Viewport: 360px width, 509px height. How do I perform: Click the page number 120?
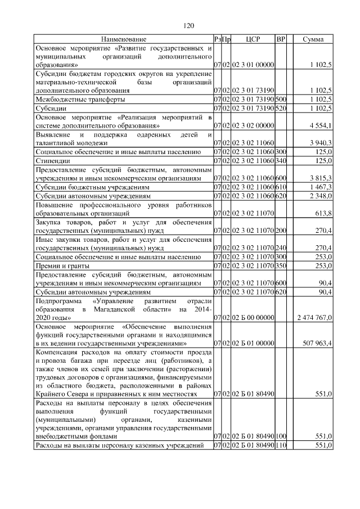pyautogui.click(x=189, y=26)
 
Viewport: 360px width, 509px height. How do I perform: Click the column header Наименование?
pyautogui.click(x=124, y=39)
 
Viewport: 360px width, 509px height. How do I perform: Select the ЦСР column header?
pyautogui.click(x=252, y=39)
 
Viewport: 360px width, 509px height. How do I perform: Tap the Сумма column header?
pyautogui.click(x=313, y=39)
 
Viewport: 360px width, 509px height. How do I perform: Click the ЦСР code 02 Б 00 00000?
pyautogui.click(x=252, y=318)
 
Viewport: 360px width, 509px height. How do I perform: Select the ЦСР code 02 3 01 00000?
pyautogui.click(x=252, y=65)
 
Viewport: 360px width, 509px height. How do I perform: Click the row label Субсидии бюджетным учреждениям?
pyautogui.click(x=92, y=187)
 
